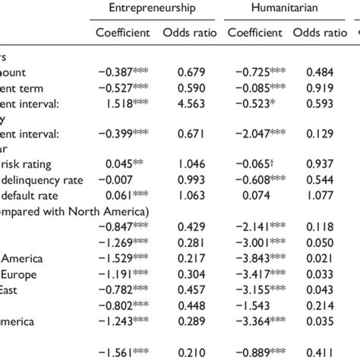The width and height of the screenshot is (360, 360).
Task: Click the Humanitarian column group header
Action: [x=275, y=8]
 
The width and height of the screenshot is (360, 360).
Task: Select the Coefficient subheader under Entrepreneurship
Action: [x=123, y=33]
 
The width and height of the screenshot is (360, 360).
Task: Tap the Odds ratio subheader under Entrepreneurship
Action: [x=187, y=33]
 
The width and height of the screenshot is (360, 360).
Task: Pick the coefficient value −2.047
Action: [x=255, y=134]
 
